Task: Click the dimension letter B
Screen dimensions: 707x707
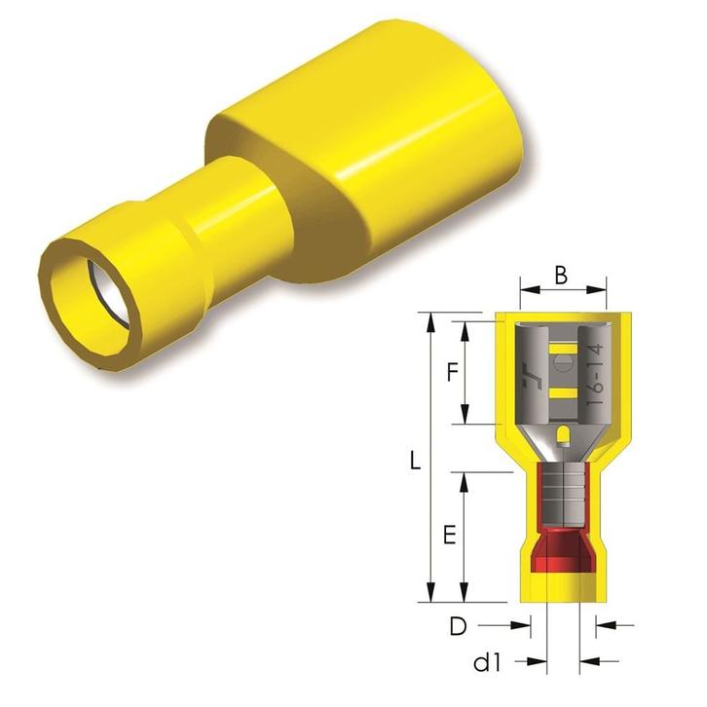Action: (561, 275)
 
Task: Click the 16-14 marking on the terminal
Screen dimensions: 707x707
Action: (596, 378)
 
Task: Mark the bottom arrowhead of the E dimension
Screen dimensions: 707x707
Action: (468, 595)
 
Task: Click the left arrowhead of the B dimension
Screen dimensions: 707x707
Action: (526, 289)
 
